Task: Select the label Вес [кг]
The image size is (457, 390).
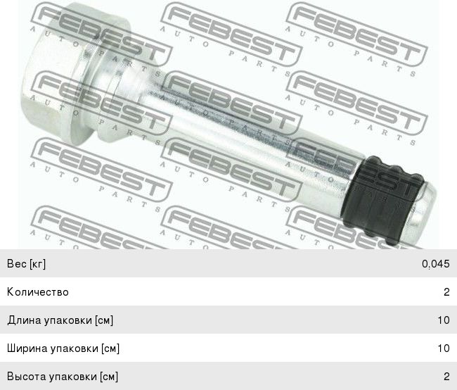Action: click(x=26, y=263)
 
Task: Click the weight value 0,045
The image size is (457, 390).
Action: click(x=436, y=264)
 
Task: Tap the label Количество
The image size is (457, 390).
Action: click(x=38, y=292)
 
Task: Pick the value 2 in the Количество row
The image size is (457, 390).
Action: click(x=446, y=292)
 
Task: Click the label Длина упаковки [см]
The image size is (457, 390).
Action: click(x=60, y=320)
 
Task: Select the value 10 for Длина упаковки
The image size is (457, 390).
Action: click(x=444, y=320)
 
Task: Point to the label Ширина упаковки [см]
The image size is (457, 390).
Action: click(x=63, y=348)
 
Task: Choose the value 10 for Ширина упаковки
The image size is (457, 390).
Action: click(x=444, y=348)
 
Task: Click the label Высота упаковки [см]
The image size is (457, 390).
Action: click(x=63, y=377)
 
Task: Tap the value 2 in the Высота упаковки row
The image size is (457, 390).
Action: click(x=446, y=377)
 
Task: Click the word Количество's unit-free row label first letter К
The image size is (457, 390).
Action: click(x=11, y=292)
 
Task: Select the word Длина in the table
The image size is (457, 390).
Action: click(x=24, y=320)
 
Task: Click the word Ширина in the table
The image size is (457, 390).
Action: click(x=27, y=348)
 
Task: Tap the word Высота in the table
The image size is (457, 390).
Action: click(x=27, y=377)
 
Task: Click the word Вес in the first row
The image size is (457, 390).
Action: click(x=17, y=263)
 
